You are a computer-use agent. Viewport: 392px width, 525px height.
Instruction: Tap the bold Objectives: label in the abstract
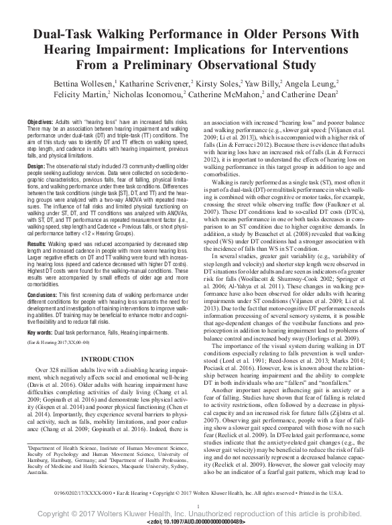40,121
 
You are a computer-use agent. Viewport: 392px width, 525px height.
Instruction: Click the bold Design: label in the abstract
36,165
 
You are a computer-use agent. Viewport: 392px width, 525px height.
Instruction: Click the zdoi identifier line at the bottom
196,520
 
